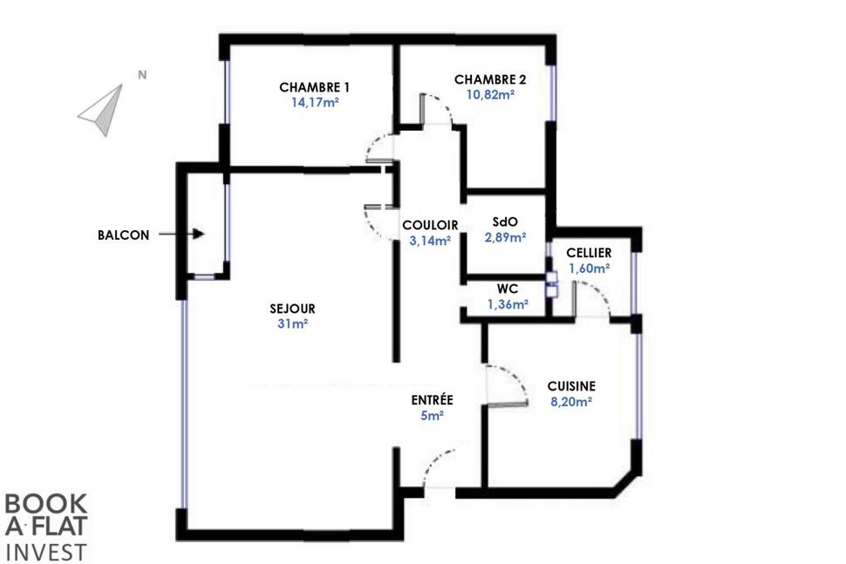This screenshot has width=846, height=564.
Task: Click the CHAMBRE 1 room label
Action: click(x=314, y=87)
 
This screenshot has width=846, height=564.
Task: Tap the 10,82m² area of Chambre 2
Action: click(x=490, y=94)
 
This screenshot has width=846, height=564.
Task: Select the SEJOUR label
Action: click(x=292, y=309)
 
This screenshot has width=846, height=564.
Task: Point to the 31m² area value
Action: click(x=292, y=323)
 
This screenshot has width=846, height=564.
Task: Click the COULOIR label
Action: click(x=430, y=225)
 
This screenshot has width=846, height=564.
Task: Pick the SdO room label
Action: click(x=505, y=221)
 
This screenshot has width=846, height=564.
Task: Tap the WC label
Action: click(x=508, y=289)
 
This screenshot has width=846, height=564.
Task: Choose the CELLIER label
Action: click(x=589, y=252)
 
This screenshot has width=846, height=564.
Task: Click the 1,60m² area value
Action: click(x=590, y=268)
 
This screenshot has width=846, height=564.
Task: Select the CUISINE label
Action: click(x=571, y=386)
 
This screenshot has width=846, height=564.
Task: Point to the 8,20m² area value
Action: click(x=571, y=401)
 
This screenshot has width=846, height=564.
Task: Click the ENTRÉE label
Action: click(x=433, y=399)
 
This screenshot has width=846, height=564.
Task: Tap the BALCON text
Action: click(x=124, y=235)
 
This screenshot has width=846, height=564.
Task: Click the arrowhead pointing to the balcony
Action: click(x=199, y=234)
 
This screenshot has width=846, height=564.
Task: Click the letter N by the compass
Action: click(x=142, y=75)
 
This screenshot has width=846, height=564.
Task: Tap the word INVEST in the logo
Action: click(x=45, y=552)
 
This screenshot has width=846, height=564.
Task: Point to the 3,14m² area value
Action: click(x=430, y=241)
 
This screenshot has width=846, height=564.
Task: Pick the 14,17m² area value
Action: click(x=315, y=102)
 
